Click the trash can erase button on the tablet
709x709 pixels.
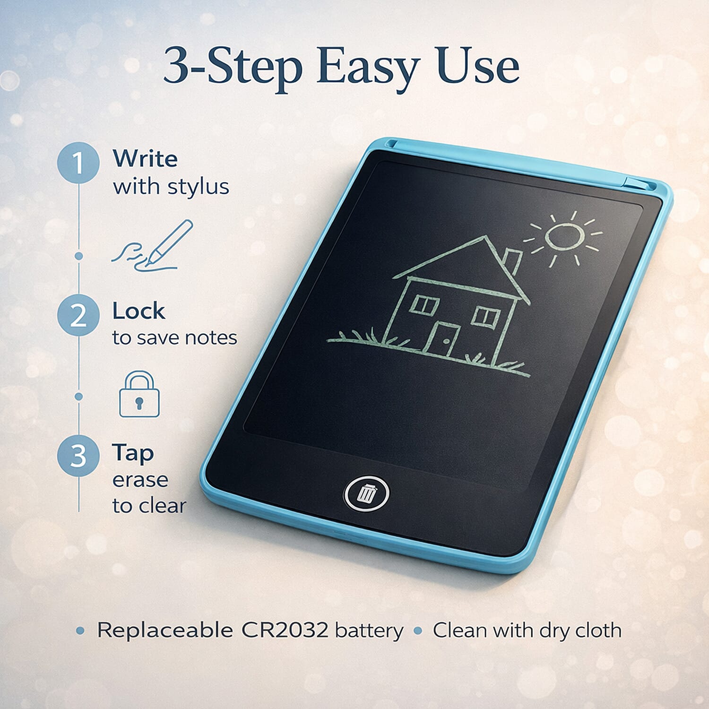coord(366,493)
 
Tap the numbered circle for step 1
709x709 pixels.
coord(78,163)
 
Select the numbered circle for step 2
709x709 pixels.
coord(78,315)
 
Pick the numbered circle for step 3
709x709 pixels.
coord(78,456)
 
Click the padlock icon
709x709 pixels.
coord(139,395)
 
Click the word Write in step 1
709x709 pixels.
coord(145,158)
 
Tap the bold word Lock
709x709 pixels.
coord(138,311)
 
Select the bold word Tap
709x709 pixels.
coord(133,453)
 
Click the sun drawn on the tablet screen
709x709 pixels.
coord(565,237)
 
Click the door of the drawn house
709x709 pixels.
coord(442,338)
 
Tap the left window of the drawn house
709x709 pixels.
coord(424,303)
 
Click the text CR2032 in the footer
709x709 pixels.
coord(285,630)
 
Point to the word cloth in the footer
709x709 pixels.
coord(597,630)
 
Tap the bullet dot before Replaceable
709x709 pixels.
coord(80,631)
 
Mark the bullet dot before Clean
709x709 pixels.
coord(417,631)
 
